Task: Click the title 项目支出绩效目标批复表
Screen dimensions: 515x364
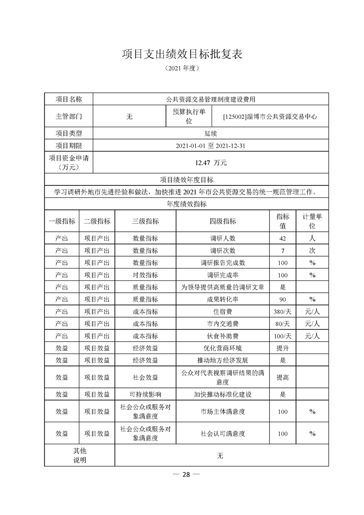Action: [x=182, y=54]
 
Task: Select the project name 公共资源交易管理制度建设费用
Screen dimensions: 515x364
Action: [x=211, y=99]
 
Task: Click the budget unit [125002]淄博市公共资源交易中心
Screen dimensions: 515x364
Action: [x=270, y=117]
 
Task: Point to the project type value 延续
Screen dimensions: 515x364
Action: [x=211, y=134]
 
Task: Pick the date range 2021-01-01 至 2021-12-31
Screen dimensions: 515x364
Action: [x=211, y=146]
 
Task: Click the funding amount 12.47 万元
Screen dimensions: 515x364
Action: [x=211, y=162]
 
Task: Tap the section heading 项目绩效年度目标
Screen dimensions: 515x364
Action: [x=186, y=179]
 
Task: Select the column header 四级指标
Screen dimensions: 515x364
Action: [x=223, y=221]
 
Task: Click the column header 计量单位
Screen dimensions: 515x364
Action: [x=312, y=221]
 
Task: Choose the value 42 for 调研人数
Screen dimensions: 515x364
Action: [x=283, y=239]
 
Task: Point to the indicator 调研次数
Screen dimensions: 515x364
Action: [x=223, y=251]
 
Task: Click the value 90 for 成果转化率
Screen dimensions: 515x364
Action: [x=283, y=299]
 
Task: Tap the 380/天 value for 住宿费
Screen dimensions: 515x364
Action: [x=283, y=311]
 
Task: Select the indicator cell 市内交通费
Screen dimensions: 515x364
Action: [x=223, y=324]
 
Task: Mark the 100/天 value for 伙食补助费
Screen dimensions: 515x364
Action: [x=283, y=336]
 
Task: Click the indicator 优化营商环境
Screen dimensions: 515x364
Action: [x=223, y=348]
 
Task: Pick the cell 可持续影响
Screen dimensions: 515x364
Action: [x=145, y=394]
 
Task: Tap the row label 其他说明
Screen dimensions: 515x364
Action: [x=79, y=455]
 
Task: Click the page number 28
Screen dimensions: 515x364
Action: [x=186, y=475]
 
